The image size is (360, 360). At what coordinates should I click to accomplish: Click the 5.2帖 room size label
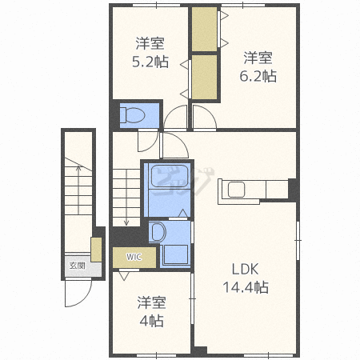coord(150,62)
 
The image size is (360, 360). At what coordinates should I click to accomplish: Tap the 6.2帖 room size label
coord(258,76)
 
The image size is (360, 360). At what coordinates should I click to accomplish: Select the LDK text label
coord(246,269)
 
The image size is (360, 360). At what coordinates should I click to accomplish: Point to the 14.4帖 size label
coord(246,287)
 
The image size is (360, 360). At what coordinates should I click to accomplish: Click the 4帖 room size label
coord(151,321)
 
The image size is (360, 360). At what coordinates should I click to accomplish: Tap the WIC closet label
coord(134,257)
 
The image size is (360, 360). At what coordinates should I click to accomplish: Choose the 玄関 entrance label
coord(78,266)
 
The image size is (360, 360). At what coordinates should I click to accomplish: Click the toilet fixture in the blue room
coord(133,115)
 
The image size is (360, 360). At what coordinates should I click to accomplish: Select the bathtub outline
coord(170,176)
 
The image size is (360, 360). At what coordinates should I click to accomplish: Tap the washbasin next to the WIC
coord(158,232)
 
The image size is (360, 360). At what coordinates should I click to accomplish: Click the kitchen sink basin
coord(236,190)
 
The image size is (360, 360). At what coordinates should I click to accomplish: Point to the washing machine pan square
coord(176,254)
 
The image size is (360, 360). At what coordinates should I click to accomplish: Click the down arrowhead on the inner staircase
coord(126,222)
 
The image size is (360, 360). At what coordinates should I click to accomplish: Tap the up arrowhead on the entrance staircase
coord(78,168)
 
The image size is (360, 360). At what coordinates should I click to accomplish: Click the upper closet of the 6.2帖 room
coord(204,29)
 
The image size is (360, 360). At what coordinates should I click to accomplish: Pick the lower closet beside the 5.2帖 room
coord(204,78)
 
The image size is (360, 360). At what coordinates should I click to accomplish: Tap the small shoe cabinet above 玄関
coord(96,250)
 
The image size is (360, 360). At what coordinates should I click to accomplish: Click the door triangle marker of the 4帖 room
coord(124,275)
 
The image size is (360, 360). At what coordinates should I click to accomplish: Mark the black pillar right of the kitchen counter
coord(294,190)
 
